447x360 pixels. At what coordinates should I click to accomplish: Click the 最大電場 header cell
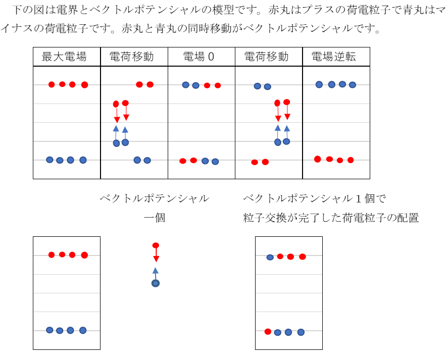pyautogui.click(x=67, y=57)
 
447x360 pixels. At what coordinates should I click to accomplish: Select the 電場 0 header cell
pyautogui.click(x=201, y=57)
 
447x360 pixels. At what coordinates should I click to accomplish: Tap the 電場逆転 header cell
pyautogui.click(x=336, y=57)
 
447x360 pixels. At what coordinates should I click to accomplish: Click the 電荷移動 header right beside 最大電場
pyautogui.click(x=134, y=57)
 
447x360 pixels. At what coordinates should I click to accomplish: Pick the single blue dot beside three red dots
pyautogui.click(x=270, y=258)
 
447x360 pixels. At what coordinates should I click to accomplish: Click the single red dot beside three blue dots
pyautogui.click(x=268, y=332)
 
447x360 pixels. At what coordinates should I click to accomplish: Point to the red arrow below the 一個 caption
pyautogui.click(x=156, y=255)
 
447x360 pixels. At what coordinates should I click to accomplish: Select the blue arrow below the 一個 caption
pyautogui.click(x=156, y=274)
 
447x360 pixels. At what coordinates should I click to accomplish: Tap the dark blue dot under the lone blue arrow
pyautogui.click(x=156, y=283)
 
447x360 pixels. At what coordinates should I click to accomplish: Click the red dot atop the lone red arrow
pyautogui.click(x=156, y=245)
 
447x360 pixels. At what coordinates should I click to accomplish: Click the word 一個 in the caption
pyautogui.click(x=155, y=218)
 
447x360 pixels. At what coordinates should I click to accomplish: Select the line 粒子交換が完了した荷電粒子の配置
pyautogui.click(x=331, y=218)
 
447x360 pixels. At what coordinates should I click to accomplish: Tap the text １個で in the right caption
pyautogui.click(x=371, y=198)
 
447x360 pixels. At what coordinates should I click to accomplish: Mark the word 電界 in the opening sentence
pyautogui.click(x=67, y=10)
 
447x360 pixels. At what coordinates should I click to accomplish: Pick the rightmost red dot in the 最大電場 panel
pyautogui.click(x=84, y=85)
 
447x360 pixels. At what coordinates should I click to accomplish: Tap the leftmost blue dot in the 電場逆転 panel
pyautogui.click(x=319, y=84)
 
